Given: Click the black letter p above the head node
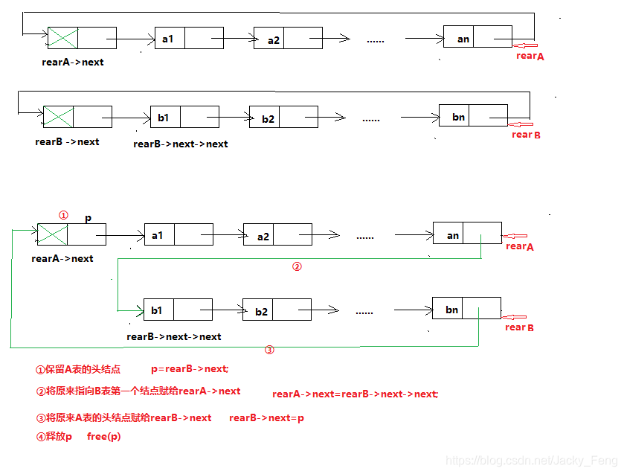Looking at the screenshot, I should pos(89,219).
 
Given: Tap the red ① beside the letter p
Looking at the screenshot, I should pos(63,215).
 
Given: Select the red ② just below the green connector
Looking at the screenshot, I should pos(297,266).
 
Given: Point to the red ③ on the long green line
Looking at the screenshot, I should pos(270,350).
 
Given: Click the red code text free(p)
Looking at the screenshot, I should pos(103,437).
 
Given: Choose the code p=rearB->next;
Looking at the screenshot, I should pos(190,368).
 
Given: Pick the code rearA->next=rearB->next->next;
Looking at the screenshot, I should pos(356,394).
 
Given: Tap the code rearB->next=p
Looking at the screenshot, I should pos(266,418).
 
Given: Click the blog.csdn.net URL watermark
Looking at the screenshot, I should pos(530,462).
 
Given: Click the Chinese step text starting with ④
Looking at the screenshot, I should pos(54,437).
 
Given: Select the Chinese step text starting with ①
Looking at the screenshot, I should pos(77,369).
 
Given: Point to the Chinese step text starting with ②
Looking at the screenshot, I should pos(138,391).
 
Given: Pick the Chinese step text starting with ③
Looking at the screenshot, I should pos(123,418).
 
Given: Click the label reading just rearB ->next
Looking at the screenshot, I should pos(67,141).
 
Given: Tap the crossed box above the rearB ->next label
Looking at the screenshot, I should pos(58,117).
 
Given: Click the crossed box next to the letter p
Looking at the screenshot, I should pos(52,234).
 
